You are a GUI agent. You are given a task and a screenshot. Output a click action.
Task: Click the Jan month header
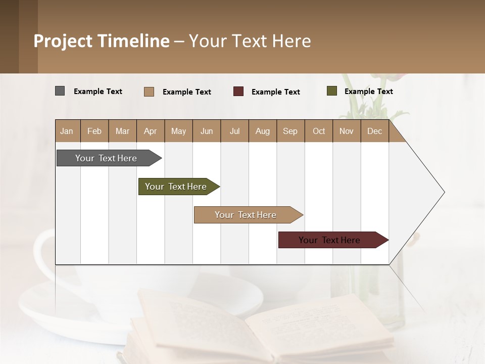click(x=67, y=131)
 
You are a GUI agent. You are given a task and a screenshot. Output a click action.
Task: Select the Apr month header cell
click(x=151, y=131)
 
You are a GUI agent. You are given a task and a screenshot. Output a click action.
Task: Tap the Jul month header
click(x=234, y=131)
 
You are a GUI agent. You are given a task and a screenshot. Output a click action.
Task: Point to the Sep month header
click(x=290, y=131)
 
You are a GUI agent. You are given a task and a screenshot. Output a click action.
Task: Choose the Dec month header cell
click(x=374, y=131)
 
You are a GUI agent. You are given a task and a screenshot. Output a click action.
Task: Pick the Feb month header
click(x=94, y=131)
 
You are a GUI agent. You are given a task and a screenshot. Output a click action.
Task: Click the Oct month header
click(x=319, y=131)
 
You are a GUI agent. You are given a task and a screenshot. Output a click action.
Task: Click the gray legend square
click(x=60, y=91)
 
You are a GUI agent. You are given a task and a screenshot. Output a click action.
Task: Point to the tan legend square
click(x=149, y=92)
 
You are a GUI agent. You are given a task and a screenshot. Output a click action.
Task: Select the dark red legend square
click(x=238, y=92)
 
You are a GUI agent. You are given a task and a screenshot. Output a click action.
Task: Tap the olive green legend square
click(x=332, y=91)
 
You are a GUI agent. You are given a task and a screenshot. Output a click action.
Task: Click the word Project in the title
click(x=64, y=41)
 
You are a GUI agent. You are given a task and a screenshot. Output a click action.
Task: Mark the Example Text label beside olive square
click(x=368, y=92)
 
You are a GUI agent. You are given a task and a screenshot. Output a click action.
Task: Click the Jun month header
click(x=207, y=131)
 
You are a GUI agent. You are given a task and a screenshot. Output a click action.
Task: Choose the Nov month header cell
click(x=347, y=131)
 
